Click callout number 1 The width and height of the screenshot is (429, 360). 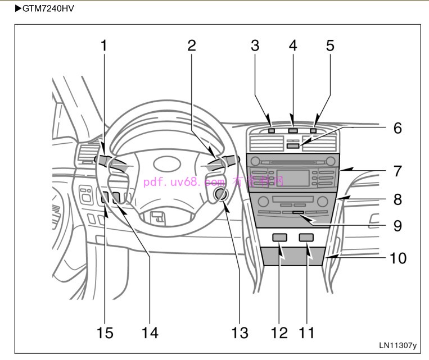[103, 45]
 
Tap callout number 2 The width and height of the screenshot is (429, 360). [192, 45]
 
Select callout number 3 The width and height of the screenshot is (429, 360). [255, 45]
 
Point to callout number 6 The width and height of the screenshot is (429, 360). [398, 128]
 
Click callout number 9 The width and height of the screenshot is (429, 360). [398, 225]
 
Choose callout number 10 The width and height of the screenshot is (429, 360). [398, 258]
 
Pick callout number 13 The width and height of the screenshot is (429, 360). [240, 332]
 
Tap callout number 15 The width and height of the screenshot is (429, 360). [105, 332]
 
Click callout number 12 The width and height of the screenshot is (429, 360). [279, 332]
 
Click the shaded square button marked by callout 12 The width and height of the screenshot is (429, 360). [279, 238]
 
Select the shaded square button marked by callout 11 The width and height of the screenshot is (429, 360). [306, 238]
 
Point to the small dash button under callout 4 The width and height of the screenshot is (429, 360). [292, 131]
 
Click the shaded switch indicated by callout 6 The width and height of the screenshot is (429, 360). [292, 145]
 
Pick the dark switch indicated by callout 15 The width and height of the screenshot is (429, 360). [105, 197]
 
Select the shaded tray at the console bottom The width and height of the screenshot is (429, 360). [292, 256]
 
